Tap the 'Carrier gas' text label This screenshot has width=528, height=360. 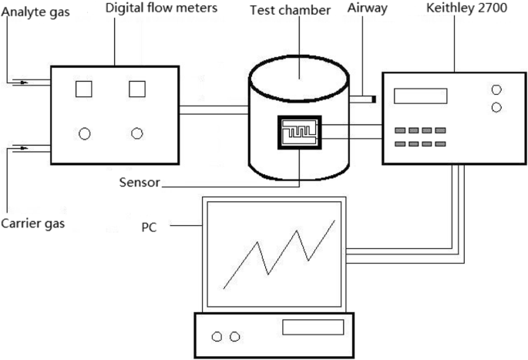[x=32, y=224]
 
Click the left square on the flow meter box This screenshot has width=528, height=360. [x=83, y=89]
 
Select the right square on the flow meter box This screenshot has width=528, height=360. [x=137, y=89]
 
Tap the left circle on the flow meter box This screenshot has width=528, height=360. [x=85, y=133]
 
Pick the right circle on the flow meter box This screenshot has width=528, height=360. [x=137, y=133]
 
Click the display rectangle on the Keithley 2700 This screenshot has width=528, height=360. [x=420, y=96]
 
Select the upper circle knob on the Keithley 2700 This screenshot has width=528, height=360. [x=496, y=89]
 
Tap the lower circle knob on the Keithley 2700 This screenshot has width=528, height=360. [x=496, y=107]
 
